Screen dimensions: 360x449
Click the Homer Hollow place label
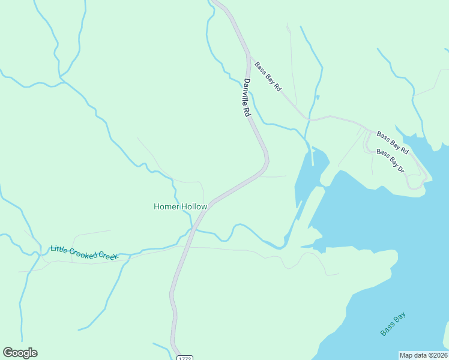pos(180,206)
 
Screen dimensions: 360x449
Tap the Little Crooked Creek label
pos(84,253)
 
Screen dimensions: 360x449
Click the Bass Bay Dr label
pos(391,161)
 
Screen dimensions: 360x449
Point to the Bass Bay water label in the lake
pos(393,323)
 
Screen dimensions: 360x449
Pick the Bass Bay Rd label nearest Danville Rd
pos(268,76)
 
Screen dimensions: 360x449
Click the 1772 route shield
pos(184,358)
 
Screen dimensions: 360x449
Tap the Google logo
pos(20,353)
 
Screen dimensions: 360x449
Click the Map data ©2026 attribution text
pos(423,355)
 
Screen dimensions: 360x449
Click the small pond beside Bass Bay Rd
pos(318,97)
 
